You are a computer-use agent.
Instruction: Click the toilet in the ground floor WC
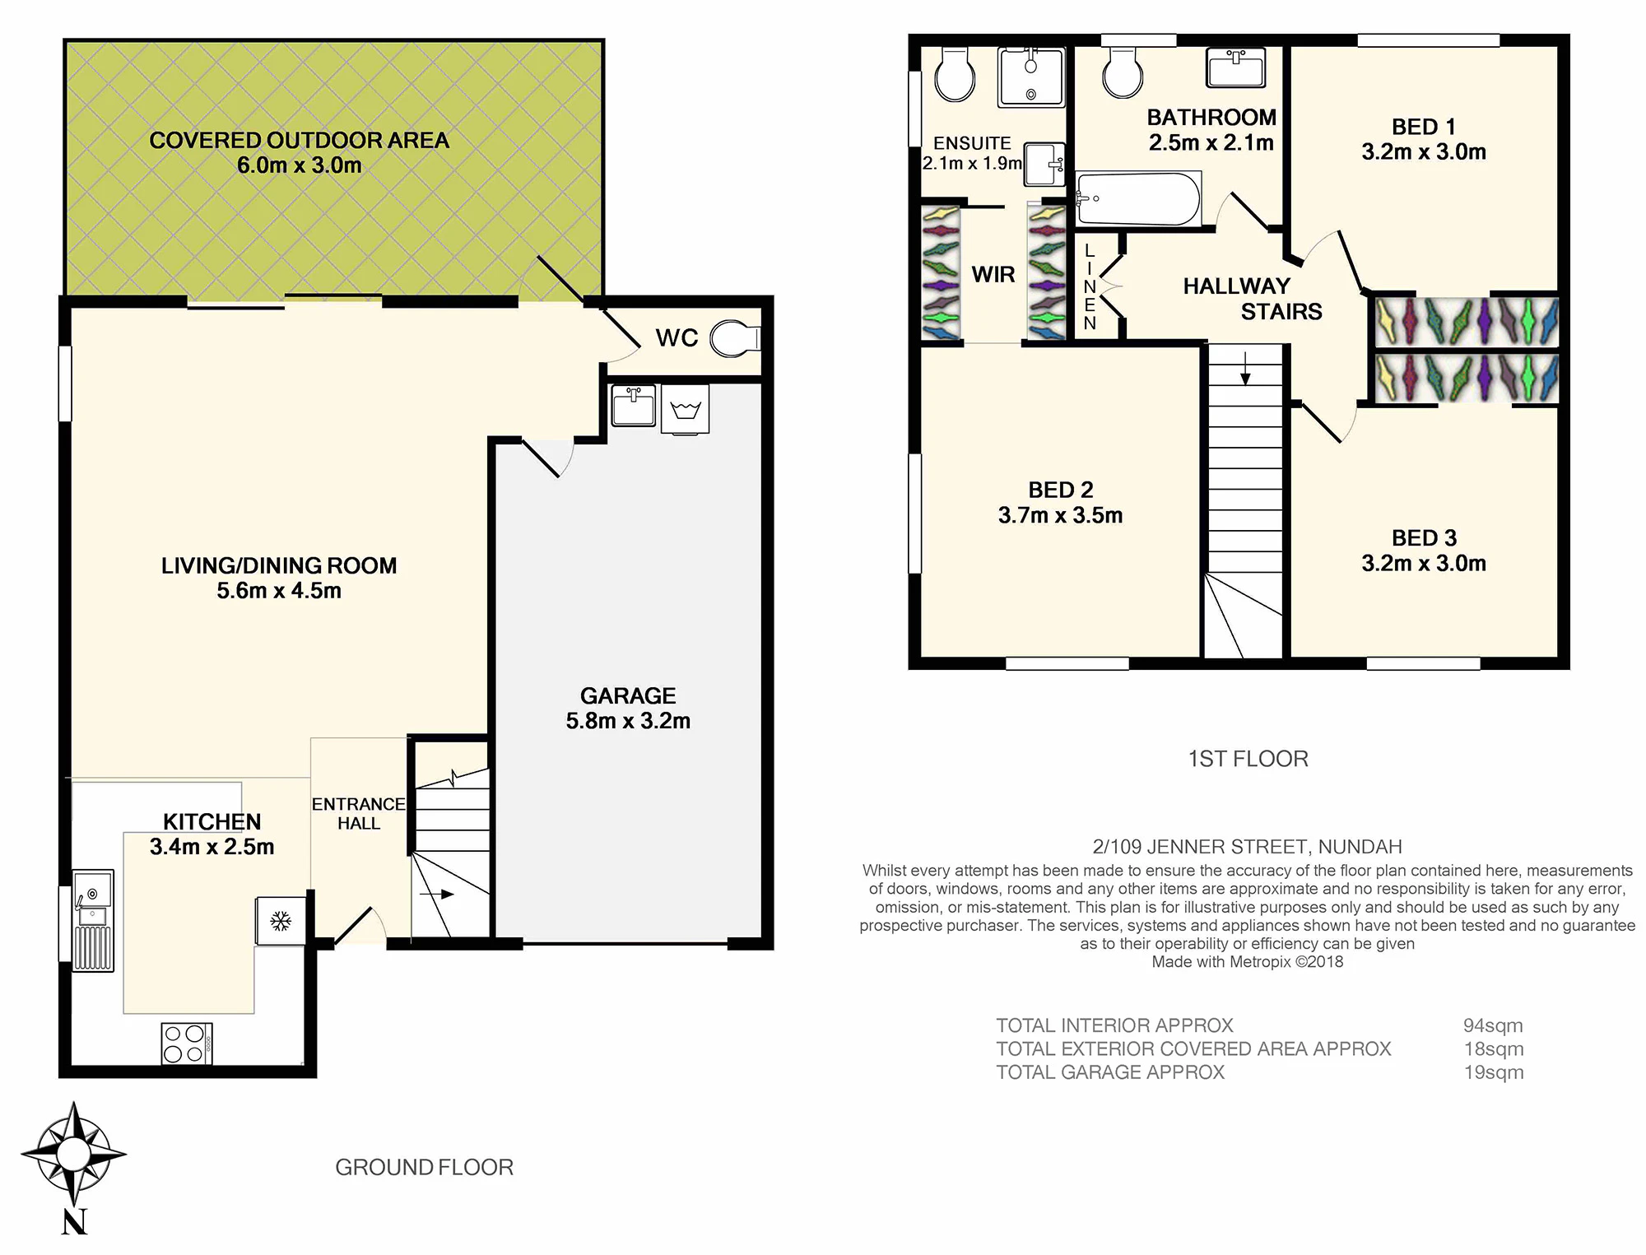(x=735, y=338)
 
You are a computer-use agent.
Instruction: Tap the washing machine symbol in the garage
(x=685, y=409)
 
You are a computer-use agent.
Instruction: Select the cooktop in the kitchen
(x=187, y=1044)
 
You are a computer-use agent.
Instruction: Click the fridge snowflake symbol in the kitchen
(x=281, y=921)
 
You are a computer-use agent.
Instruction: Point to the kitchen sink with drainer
(x=93, y=921)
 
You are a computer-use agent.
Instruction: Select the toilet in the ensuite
(x=955, y=74)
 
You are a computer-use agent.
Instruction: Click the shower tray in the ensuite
(x=1031, y=77)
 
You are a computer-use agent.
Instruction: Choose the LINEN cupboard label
(x=1090, y=287)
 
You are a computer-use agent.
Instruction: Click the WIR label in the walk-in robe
(x=993, y=275)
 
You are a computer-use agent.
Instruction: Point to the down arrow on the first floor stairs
(x=1245, y=368)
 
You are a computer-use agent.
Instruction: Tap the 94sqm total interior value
(x=1493, y=1025)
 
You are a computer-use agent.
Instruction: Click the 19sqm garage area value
(x=1494, y=1072)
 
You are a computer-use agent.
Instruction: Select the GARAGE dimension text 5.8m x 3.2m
(x=628, y=721)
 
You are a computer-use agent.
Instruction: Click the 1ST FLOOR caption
(x=1248, y=759)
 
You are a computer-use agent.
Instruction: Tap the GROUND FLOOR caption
(x=424, y=1167)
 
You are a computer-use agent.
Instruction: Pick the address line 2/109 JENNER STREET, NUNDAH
(x=1247, y=847)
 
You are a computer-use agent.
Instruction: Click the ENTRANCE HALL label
(x=358, y=813)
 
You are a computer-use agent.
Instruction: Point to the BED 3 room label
(x=1424, y=538)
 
